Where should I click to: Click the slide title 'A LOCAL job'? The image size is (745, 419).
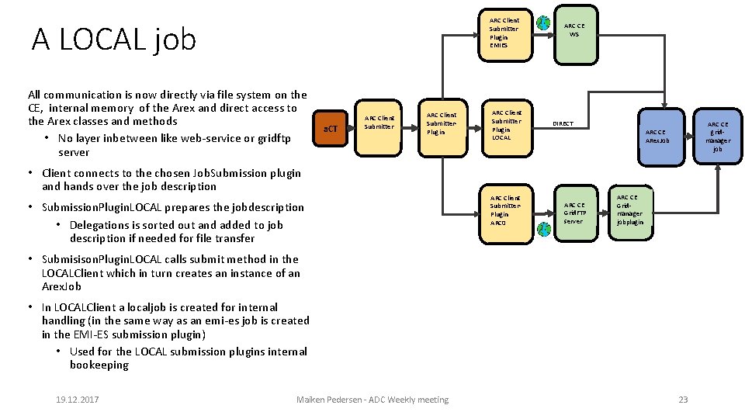[x=113, y=39]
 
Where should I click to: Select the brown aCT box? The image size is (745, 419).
[x=331, y=127]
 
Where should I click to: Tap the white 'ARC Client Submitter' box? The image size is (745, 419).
[x=379, y=123]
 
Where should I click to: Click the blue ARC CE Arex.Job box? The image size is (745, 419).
[x=657, y=137]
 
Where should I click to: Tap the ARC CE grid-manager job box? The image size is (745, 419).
[x=717, y=137]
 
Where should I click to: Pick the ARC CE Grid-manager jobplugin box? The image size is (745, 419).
[x=630, y=210]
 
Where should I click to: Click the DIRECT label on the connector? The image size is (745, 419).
[x=563, y=124]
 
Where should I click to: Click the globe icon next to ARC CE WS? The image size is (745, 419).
[x=543, y=23]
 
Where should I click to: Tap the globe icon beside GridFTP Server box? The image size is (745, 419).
[x=543, y=229]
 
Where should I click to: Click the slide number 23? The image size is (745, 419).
[x=683, y=400]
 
